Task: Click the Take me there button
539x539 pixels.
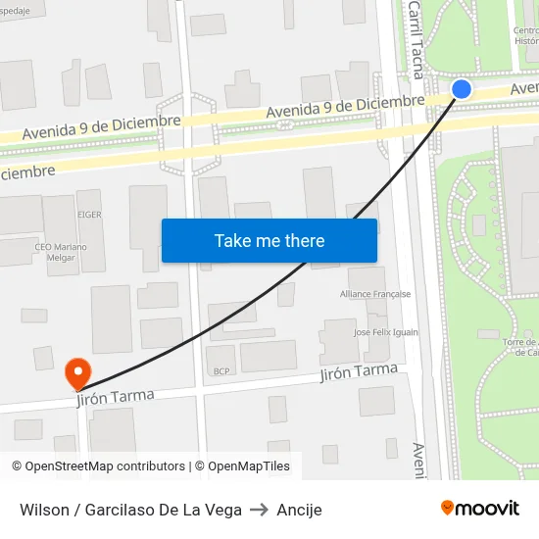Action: [x=269, y=240]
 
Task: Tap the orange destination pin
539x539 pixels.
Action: [x=76, y=372]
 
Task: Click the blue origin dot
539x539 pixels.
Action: [x=462, y=89]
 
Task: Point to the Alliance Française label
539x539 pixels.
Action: [x=375, y=294]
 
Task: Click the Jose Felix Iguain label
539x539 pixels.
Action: [x=386, y=332]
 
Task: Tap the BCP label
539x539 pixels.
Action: [x=220, y=371]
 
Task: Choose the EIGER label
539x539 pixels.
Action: [x=89, y=214]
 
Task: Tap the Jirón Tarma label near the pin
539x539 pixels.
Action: [x=117, y=397]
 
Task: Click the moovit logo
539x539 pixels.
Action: [x=480, y=509]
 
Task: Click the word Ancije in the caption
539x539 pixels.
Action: [x=299, y=510]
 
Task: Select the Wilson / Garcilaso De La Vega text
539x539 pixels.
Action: [x=130, y=510]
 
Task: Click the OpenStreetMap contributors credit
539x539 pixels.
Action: [x=98, y=466]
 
